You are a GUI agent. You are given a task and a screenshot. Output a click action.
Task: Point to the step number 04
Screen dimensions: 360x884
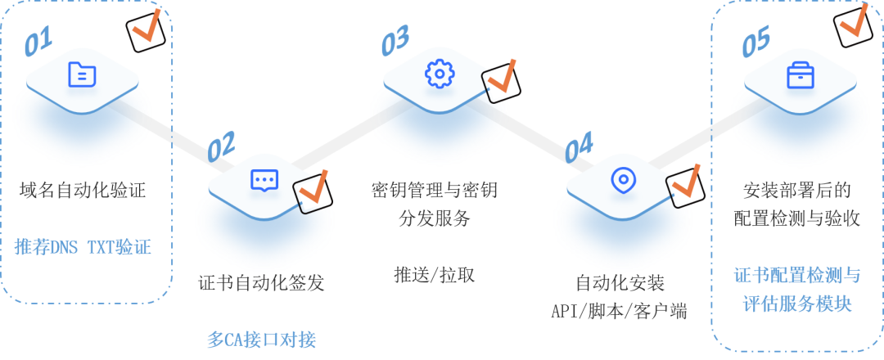tap(579, 147)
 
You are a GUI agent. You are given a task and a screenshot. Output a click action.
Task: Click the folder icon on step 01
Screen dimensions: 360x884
tap(82, 74)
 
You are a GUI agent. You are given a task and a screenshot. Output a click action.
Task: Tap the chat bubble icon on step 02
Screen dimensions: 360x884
tap(264, 179)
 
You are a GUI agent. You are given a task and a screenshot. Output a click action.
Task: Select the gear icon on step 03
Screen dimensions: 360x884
tap(440, 74)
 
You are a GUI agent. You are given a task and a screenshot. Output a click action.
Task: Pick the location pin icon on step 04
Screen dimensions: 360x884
tap(623, 179)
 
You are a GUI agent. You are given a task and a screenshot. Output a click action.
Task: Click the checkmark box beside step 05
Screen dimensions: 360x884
tap(855, 20)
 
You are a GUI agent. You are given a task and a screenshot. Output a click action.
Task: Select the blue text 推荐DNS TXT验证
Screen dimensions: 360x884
tap(83, 247)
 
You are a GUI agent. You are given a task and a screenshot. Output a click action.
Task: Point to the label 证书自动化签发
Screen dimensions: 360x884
tap(261, 283)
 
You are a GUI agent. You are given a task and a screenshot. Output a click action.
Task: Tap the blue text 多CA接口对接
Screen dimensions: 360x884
tap(261, 339)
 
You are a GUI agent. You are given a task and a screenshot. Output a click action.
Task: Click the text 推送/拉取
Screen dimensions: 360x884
tap(435, 273)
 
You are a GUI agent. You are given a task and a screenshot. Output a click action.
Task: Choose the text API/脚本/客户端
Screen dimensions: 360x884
tap(619, 312)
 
